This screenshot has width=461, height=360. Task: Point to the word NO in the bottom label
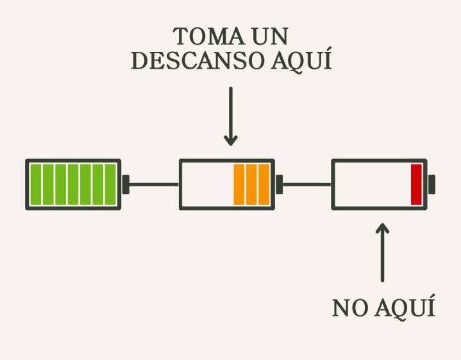point(348,308)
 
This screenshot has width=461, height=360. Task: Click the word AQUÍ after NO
point(403,308)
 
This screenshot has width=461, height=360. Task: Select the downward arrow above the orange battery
point(231,116)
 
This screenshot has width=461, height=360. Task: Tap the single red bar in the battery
point(416,184)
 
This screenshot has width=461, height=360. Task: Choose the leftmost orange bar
point(239,184)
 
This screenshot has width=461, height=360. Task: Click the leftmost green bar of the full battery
point(35,184)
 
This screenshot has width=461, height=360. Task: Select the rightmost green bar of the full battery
point(110,184)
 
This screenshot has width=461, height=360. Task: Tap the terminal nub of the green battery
point(126,184)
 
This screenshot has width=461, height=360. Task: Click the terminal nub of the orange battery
point(279,184)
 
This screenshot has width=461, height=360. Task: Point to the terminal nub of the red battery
point(432,184)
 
